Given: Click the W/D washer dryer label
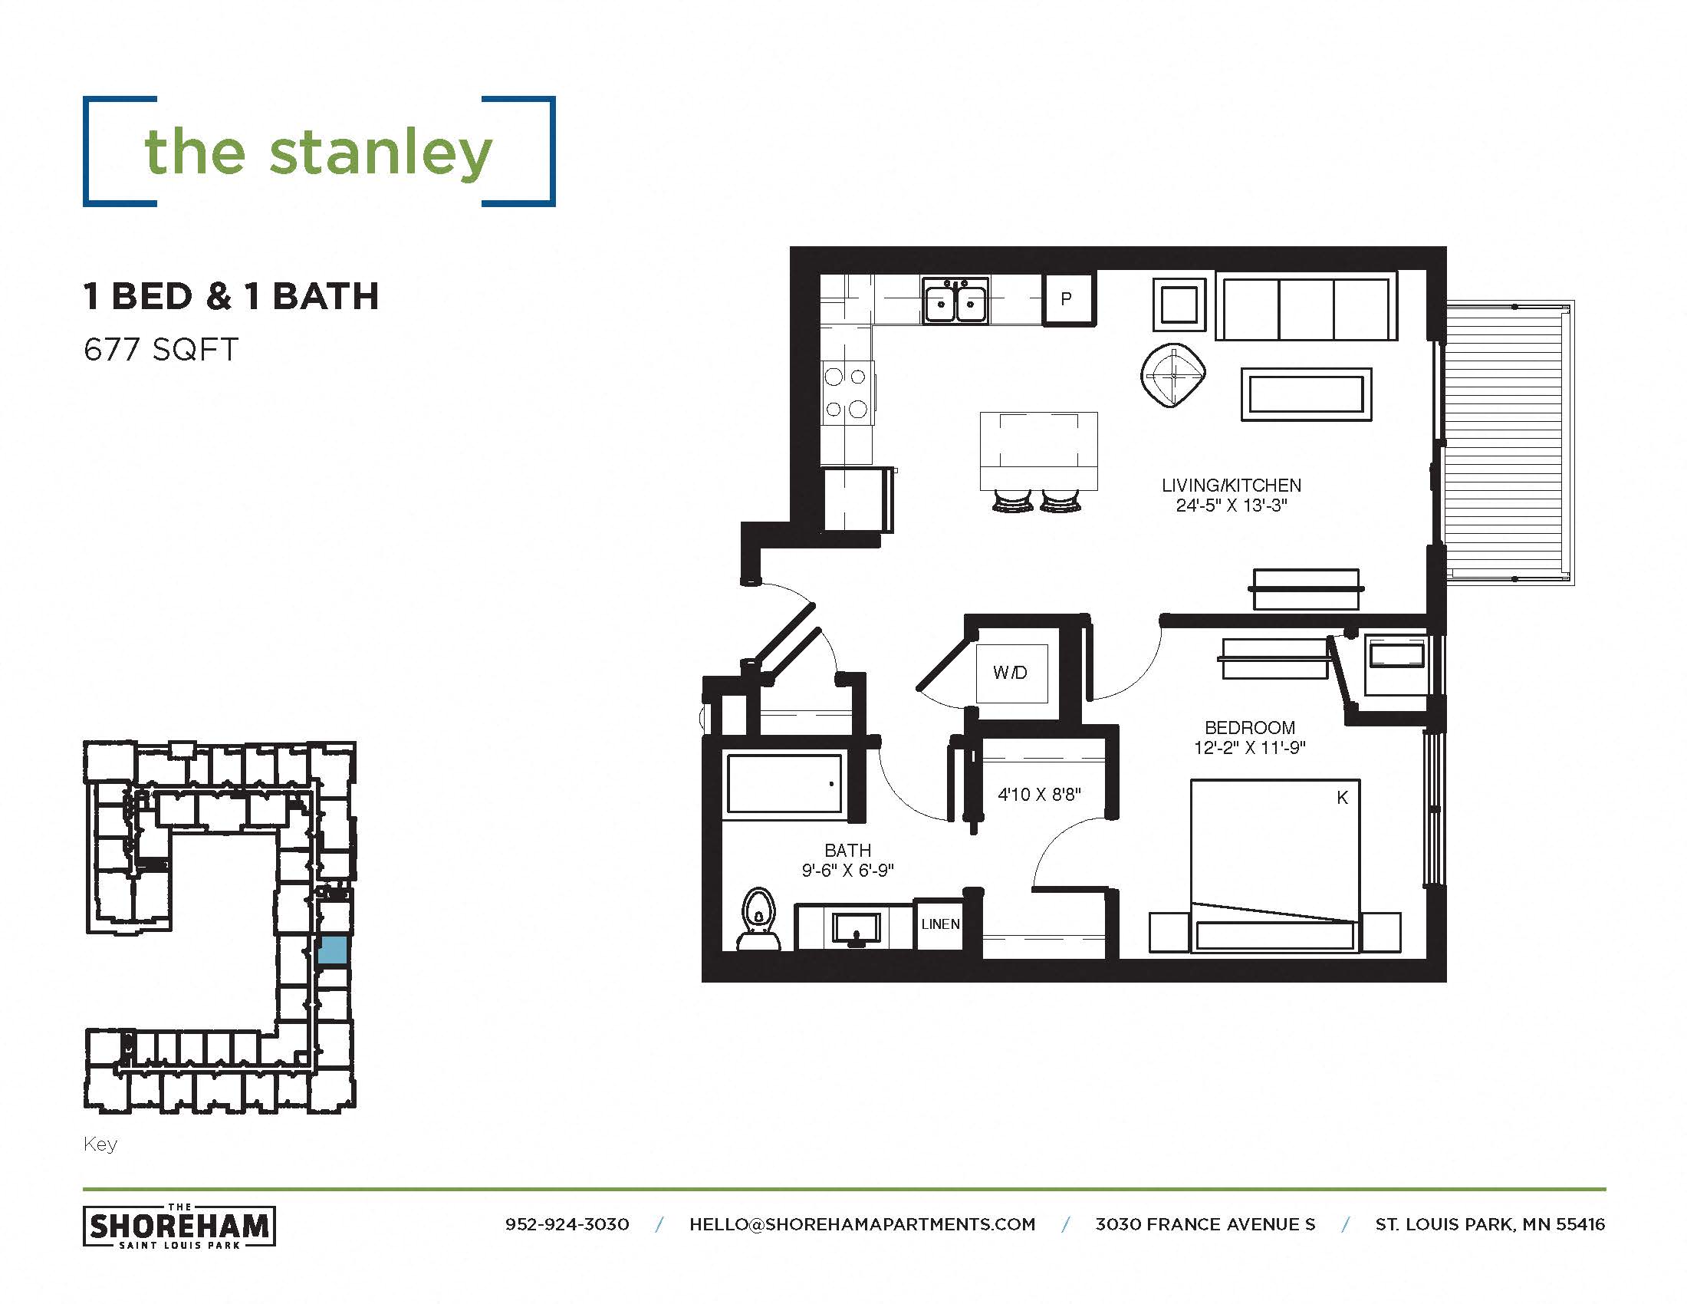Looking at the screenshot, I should [x=1011, y=673].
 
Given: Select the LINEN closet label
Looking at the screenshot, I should [x=940, y=924].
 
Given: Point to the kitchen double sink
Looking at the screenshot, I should [x=955, y=302].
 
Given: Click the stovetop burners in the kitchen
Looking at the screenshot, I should [x=846, y=394].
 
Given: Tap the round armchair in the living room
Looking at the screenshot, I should [x=1173, y=375].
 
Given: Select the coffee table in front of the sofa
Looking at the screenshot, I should [x=1305, y=395].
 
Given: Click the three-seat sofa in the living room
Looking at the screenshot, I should [x=1306, y=306].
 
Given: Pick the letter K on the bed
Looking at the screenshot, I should [x=1343, y=798].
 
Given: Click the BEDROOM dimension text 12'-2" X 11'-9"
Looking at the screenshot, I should [x=1249, y=748].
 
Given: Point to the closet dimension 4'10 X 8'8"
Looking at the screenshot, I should [x=1039, y=794].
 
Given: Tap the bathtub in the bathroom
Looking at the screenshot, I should [x=784, y=784].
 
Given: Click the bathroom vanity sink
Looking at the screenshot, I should [x=856, y=927].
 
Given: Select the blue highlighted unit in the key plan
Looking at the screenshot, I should [x=333, y=950].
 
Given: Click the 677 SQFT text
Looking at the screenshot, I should [x=162, y=350].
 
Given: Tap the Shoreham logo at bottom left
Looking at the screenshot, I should [x=179, y=1226].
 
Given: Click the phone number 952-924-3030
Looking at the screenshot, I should [x=567, y=1224].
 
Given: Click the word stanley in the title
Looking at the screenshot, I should [x=380, y=152].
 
